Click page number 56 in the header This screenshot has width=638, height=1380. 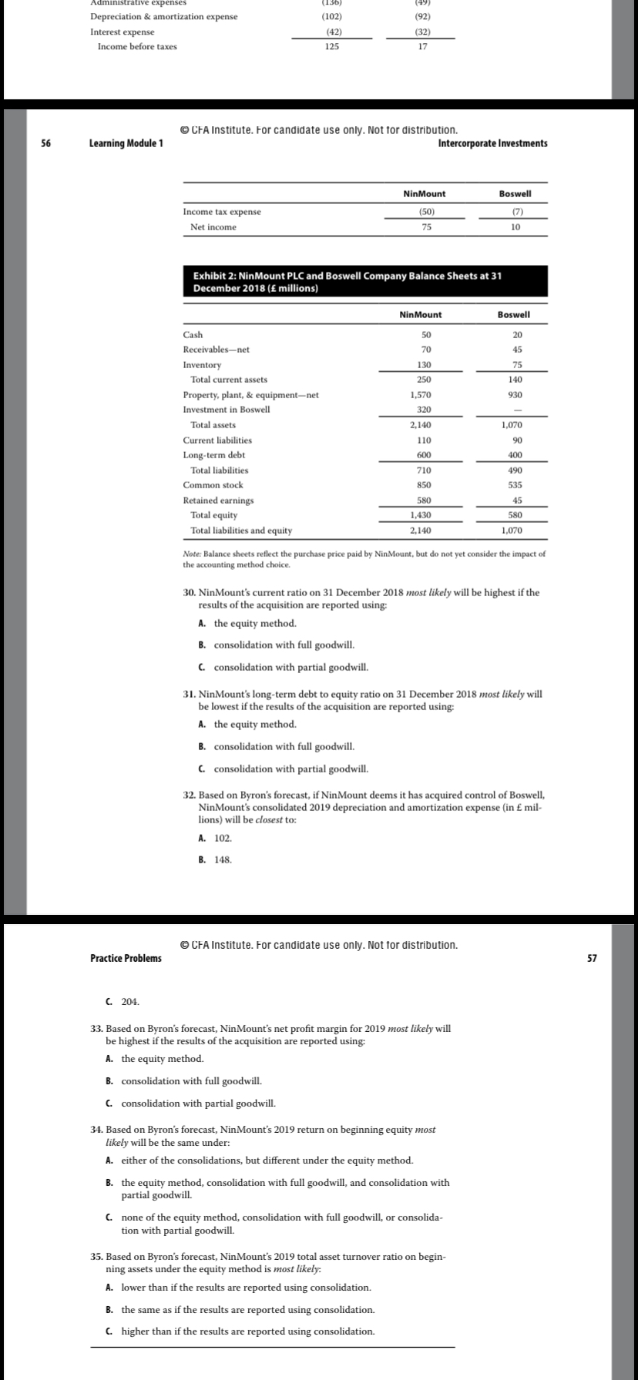[45, 143]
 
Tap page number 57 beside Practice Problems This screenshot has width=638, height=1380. [592, 958]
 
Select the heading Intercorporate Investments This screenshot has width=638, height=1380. [492, 143]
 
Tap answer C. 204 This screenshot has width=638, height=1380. [123, 1001]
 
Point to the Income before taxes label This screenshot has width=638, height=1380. [136, 47]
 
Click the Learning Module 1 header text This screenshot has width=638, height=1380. [126, 143]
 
